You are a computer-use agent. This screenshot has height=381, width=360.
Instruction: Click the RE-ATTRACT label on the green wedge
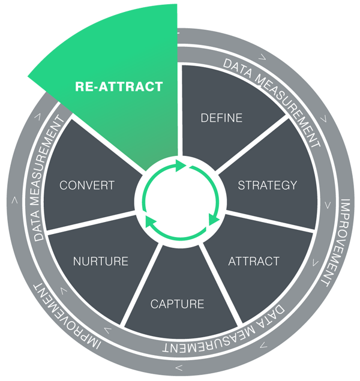[x=119, y=86]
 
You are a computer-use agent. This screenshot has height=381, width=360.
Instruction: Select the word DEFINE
[x=221, y=118]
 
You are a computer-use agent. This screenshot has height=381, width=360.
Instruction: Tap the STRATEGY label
[x=268, y=185]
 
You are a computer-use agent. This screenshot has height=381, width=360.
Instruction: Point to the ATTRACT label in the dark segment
[x=254, y=262]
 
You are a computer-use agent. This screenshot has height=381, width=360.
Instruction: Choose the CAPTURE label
[x=178, y=304]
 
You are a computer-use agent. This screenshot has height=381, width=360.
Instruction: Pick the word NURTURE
[x=101, y=262]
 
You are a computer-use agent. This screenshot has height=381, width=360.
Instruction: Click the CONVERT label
[x=87, y=185]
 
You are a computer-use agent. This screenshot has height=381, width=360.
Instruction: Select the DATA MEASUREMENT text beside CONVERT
[x=48, y=179]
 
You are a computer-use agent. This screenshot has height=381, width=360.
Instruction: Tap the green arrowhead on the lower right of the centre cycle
[x=213, y=220]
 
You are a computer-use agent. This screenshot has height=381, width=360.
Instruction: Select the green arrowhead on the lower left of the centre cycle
[x=151, y=221]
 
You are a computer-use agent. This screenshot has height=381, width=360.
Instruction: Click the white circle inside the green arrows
[x=180, y=201]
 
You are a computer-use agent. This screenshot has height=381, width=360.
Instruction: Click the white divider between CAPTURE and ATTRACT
[x=220, y=285]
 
